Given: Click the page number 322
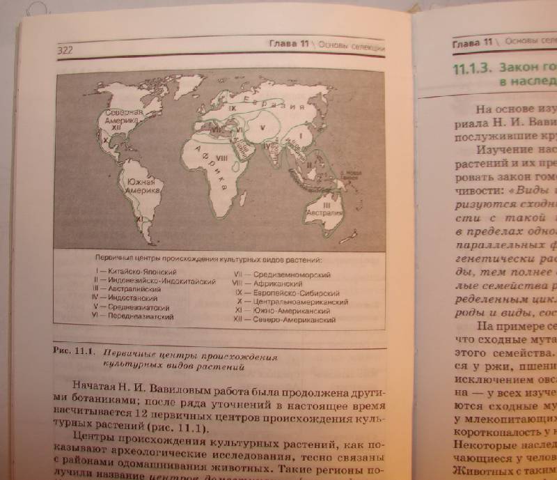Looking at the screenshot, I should point(65,50).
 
